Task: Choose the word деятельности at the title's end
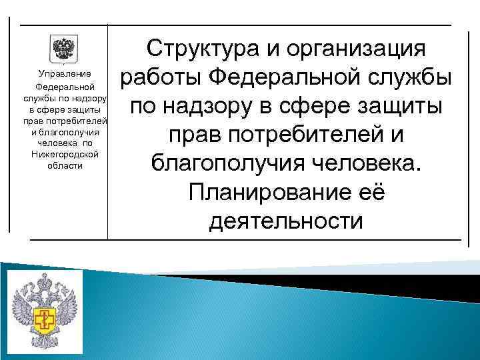[x=286, y=220]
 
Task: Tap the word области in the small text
[x=65, y=165]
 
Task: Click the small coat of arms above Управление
[x=64, y=49]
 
